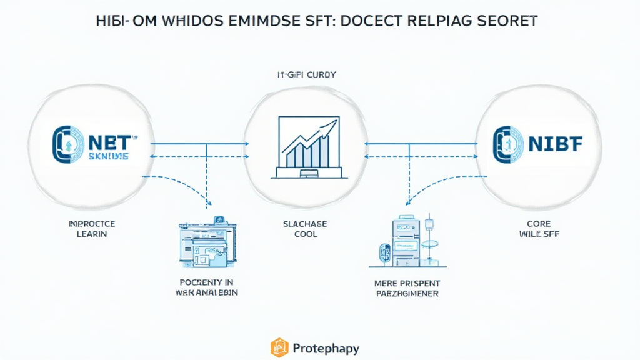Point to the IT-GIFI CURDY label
click(x=307, y=74)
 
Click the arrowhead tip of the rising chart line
click(x=336, y=121)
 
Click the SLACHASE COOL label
click(x=305, y=229)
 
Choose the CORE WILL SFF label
click(x=537, y=229)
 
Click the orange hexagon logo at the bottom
click(x=279, y=347)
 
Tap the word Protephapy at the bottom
click(x=324, y=347)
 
